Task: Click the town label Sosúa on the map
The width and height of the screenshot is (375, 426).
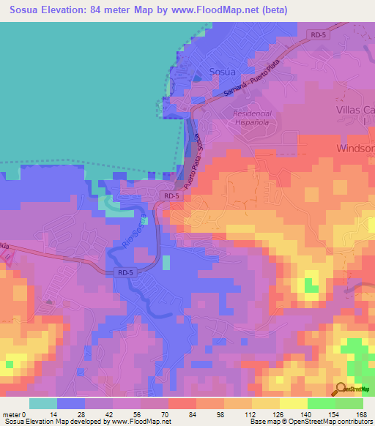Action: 223,72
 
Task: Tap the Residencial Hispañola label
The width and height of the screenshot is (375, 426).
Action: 252,119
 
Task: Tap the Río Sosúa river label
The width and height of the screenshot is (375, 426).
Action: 133,233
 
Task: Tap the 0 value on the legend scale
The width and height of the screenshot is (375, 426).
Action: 30,414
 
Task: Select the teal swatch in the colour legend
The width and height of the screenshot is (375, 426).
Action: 43,403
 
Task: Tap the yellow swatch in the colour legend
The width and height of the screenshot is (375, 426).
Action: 294,403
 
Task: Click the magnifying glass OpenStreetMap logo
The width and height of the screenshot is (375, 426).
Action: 341,389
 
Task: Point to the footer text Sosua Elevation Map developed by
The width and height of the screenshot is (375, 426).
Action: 55,422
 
